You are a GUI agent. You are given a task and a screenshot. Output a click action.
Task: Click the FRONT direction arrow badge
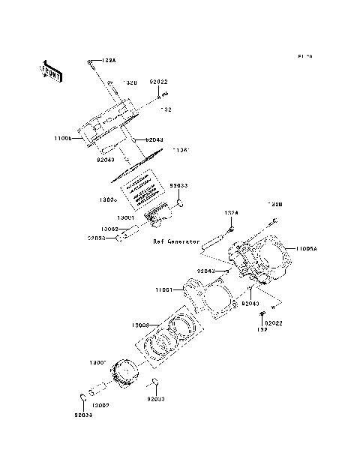pos(51,70)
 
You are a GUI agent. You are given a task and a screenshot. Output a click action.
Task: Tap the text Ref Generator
pos(176,242)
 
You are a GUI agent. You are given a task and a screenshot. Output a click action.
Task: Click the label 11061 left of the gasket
pos(165,289)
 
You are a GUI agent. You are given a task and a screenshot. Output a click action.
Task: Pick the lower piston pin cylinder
pos(98,391)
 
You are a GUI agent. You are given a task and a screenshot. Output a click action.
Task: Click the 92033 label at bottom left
pos(83,414)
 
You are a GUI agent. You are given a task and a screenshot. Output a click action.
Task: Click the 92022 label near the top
pos(158,82)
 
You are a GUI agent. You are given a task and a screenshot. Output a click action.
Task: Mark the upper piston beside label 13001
pos(157,218)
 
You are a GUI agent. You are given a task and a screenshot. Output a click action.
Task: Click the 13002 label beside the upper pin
pos(109,228)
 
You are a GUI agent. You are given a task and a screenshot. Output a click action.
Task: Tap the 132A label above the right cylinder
pos(231,213)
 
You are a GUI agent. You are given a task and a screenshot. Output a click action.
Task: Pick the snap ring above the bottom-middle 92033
pos(154,384)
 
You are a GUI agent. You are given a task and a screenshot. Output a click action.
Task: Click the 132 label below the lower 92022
pos(262,329)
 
